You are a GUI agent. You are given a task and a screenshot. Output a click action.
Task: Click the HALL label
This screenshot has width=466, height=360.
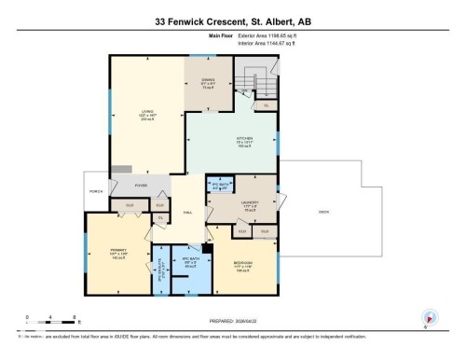coord(188,214)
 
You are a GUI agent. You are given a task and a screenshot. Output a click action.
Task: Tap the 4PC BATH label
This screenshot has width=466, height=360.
coord(188,264)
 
